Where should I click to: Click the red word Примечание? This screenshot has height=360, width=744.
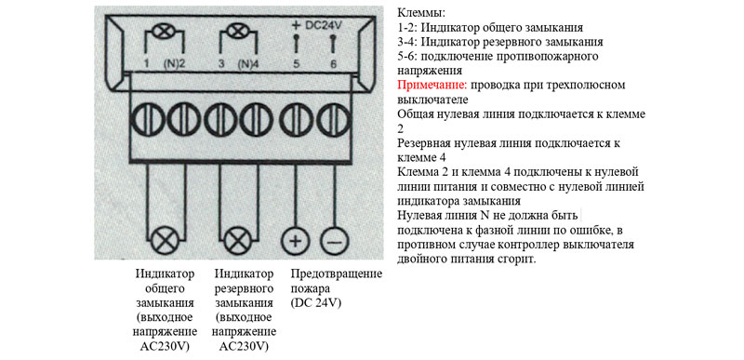pyautogui.click(x=432, y=86)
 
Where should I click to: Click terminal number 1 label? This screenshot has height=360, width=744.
pyautogui.click(x=148, y=64)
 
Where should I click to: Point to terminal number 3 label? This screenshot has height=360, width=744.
pyautogui.click(x=221, y=64)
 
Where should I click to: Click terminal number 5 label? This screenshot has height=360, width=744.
pyautogui.click(x=297, y=64)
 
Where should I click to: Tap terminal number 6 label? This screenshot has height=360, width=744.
pyautogui.click(x=334, y=64)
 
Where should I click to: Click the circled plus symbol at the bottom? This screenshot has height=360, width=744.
pyautogui.click(x=296, y=242)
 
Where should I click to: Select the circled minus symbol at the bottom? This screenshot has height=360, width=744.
pyautogui.click(x=335, y=242)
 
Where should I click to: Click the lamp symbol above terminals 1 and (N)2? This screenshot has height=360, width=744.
pyautogui.click(x=165, y=33)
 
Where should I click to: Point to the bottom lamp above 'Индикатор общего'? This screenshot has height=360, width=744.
pyautogui.click(x=166, y=242)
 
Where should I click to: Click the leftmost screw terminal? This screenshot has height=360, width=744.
pyautogui.click(x=147, y=119)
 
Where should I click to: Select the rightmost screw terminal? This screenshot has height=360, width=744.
pyautogui.click(x=334, y=119)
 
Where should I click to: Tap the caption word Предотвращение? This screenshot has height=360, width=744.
pyautogui.click(x=336, y=274)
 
